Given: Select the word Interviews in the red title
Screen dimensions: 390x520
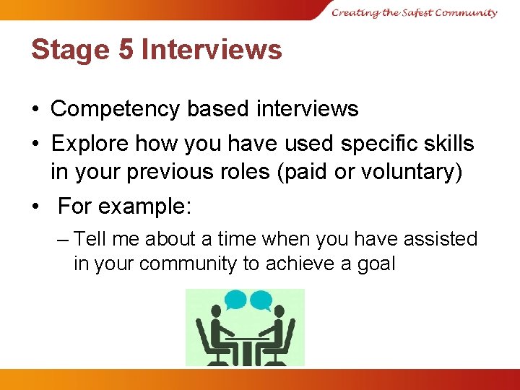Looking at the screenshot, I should [x=212, y=50].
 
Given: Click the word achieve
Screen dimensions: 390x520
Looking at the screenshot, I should [x=302, y=264].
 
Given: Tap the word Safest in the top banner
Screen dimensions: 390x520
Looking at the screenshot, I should [x=412, y=12].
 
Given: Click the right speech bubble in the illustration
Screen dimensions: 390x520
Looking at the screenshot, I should [x=260, y=299].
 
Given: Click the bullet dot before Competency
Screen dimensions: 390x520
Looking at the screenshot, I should [x=35, y=110].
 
